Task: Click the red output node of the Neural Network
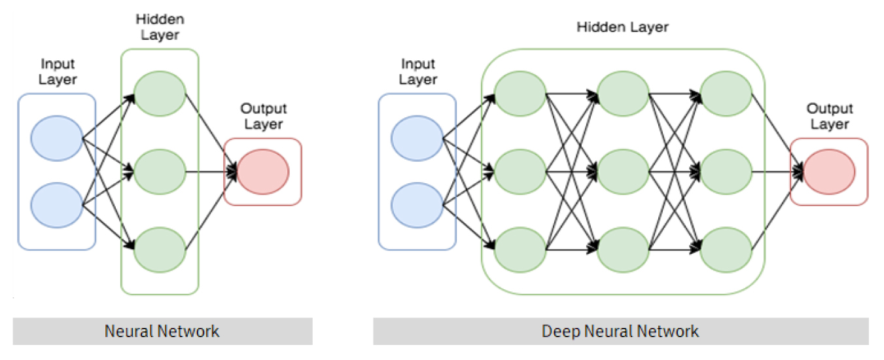(263, 171)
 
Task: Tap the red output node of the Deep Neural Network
(829, 171)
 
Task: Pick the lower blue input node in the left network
(56, 204)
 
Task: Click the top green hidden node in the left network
(160, 93)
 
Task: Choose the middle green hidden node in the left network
(160, 171)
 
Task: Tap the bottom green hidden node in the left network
(160, 249)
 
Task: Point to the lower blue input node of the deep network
(417, 204)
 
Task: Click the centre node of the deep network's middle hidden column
(622, 171)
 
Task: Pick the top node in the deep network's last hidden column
(726, 93)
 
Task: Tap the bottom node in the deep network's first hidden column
(520, 249)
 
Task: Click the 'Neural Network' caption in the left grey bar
(162, 331)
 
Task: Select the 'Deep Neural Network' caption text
(620, 331)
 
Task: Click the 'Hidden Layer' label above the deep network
(622, 27)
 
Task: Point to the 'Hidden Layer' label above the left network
(160, 27)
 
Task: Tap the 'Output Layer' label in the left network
(264, 117)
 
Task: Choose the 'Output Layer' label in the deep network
(830, 117)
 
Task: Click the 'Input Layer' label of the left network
(58, 72)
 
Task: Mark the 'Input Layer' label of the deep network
(418, 72)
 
